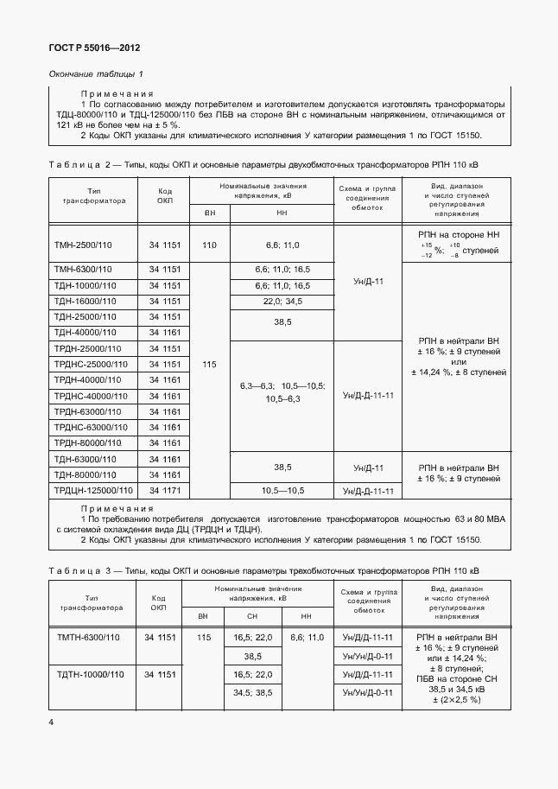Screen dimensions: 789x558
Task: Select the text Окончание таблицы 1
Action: [97, 73]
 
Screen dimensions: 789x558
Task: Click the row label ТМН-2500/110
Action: [83, 245]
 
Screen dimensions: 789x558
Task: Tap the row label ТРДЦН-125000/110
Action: [93, 491]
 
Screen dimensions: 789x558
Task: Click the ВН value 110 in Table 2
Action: [209, 245]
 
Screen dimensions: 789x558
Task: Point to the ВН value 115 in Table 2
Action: [209, 365]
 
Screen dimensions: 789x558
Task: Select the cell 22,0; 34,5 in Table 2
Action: [282, 301]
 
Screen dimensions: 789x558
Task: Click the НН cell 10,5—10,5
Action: [282, 491]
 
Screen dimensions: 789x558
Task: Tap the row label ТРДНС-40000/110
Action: [90, 396]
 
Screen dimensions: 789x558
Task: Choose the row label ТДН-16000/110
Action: [85, 301]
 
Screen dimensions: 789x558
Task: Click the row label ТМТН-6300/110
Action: [87, 637]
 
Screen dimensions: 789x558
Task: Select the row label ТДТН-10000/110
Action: [89, 674]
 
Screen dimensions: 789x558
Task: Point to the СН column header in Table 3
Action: [252, 616]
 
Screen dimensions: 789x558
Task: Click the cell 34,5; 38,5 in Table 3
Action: [252, 692]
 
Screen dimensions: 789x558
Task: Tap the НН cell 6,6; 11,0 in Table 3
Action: [307, 637]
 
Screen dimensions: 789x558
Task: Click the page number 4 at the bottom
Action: [51, 722]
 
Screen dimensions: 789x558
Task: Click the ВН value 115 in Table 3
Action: [203, 637]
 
